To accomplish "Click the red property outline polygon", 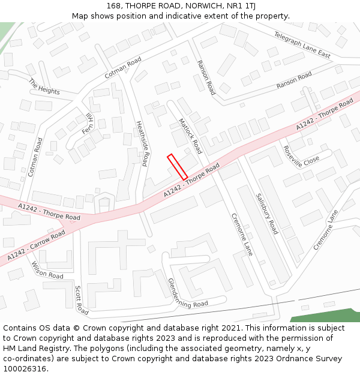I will (177, 167).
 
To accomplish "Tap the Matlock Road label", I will (190, 136).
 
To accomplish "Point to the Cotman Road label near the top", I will (123, 68).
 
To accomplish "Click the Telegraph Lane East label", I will (302, 45).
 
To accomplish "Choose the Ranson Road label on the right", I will (294, 80).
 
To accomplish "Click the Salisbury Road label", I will (267, 214).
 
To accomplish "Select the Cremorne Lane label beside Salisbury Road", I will (242, 235).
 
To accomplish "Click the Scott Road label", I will (81, 300).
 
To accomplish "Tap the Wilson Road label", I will (47, 270).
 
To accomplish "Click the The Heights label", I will (44, 87).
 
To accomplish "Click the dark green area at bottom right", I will (327, 316).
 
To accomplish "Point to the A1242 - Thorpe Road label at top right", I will (325, 116).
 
